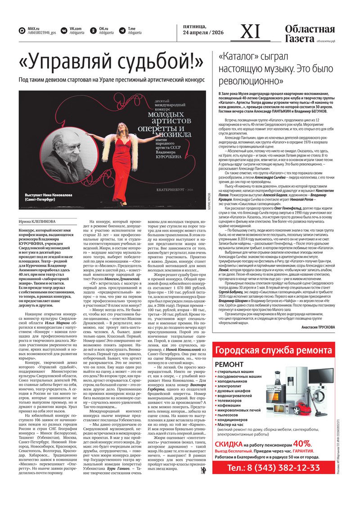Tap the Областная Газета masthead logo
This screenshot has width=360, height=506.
click(310, 33)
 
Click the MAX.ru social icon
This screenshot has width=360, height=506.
click(22, 31)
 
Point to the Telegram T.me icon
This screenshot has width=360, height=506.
click(122, 31)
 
